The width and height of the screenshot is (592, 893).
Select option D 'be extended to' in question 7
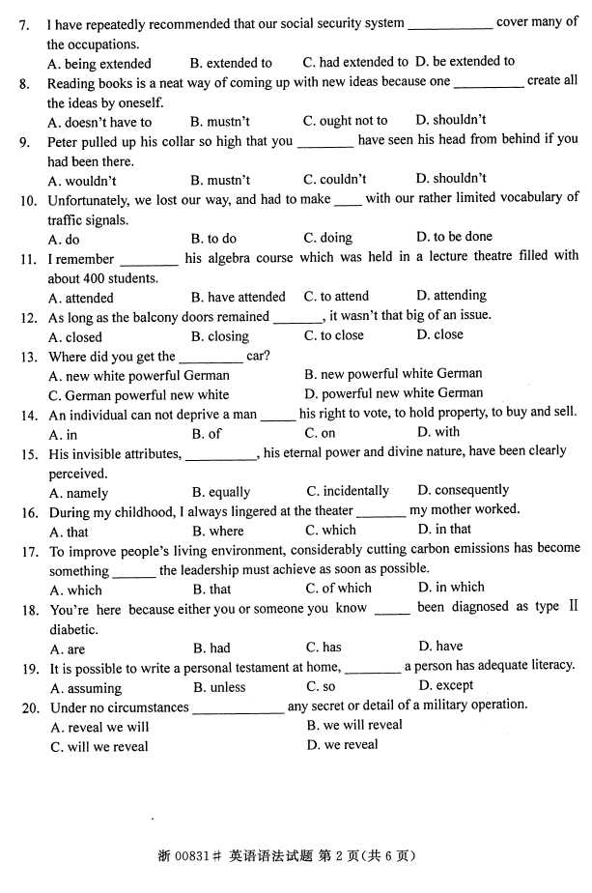click(466, 61)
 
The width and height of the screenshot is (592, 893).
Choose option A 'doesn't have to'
click(100, 122)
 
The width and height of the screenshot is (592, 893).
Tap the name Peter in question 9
click(64, 140)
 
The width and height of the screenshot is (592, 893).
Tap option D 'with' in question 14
click(438, 433)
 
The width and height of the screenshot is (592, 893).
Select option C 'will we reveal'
click(99, 746)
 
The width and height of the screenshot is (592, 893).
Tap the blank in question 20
click(238, 708)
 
